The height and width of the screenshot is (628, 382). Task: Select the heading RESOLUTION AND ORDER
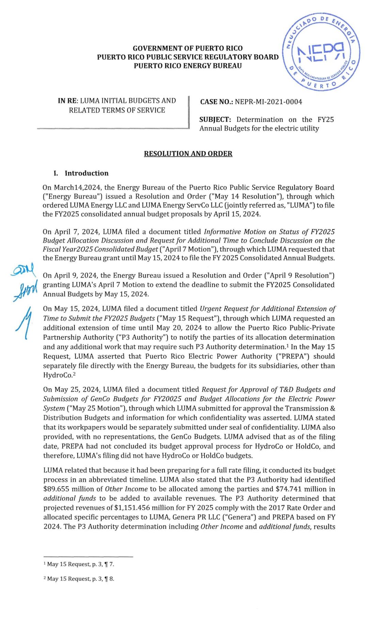(188, 154)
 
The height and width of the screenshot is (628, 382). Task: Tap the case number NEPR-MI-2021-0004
(268, 102)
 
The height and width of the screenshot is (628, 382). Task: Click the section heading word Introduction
(86, 173)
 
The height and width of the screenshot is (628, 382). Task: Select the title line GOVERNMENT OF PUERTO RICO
(188, 49)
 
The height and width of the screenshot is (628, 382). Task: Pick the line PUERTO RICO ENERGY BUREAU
(188, 66)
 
